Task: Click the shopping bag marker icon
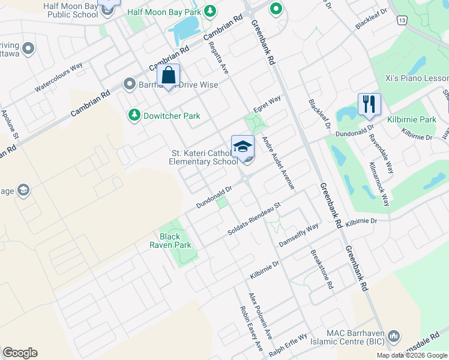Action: (x=169, y=76)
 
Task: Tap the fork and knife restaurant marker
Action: (x=369, y=104)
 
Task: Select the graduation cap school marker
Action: (x=243, y=146)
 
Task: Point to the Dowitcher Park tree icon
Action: (x=134, y=115)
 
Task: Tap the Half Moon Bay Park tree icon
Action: (x=210, y=11)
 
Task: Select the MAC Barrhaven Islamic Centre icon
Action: (x=394, y=335)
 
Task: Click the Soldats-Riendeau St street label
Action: (x=255, y=220)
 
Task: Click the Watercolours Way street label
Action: (x=58, y=78)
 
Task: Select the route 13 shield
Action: (x=402, y=20)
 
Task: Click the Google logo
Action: (x=20, y=353)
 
